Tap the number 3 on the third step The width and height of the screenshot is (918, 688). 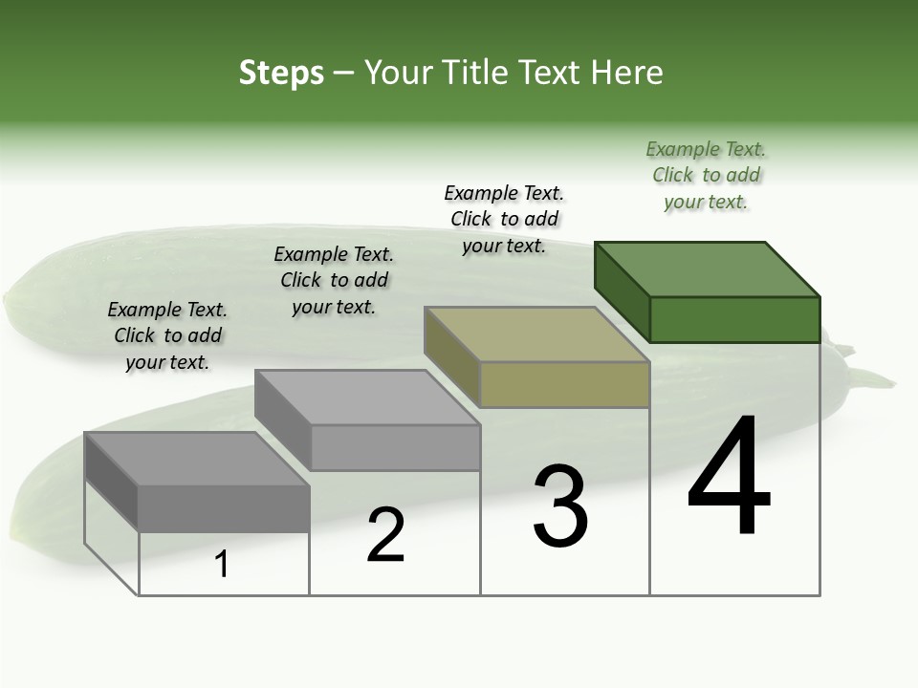point(560,505)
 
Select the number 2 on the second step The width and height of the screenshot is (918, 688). point(385,535)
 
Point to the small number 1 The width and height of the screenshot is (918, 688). point(222,564)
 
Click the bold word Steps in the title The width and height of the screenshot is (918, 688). point(281,73)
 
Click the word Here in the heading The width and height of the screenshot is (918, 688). point(626,73)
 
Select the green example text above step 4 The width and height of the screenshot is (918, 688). point(706,176)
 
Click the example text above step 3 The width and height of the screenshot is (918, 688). point(504,219)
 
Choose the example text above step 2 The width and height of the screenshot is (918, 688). point(334,280)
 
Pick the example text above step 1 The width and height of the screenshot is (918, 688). point(167,335)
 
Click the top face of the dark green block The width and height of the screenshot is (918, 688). point(708,269)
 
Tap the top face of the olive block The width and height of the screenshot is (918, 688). point(537,334)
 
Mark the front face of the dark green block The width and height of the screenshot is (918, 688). point(734,319)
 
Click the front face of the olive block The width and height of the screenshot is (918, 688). point(564,384)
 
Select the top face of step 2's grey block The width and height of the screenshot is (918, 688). point(367,398)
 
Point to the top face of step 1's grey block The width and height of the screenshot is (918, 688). point(197,460)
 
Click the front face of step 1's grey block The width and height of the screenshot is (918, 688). point(224,508)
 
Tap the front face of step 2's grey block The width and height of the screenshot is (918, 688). point(395,447)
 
